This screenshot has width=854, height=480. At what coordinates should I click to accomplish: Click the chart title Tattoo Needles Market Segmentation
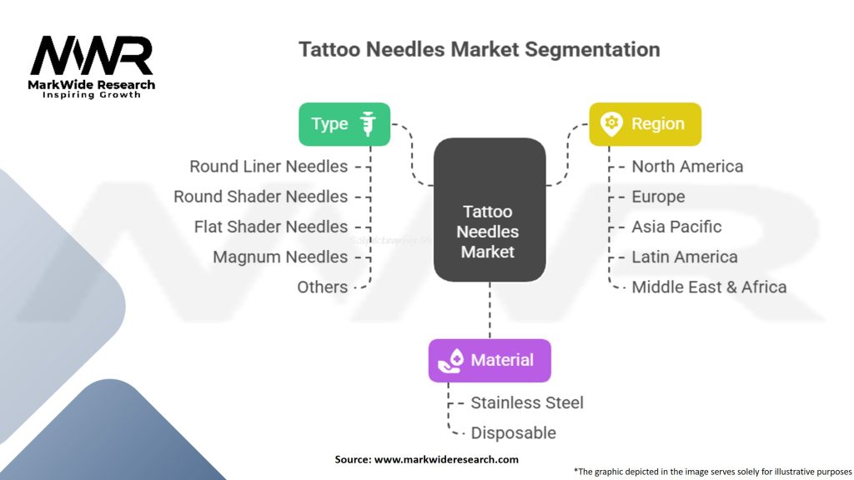coord(479,49)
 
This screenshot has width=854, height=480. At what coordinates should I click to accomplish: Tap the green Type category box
coord(344,124)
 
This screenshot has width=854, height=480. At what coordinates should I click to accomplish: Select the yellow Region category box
coord(645,124)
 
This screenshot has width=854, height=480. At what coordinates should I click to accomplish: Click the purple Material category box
coord(490,360)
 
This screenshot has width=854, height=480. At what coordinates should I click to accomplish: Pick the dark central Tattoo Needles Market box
coord(490,209)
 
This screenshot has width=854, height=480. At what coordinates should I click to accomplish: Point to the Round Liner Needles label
coord(269,167)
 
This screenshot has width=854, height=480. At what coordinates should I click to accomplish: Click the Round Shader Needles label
coord(260,197)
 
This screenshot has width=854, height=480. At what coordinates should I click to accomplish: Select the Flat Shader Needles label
coord(270,227)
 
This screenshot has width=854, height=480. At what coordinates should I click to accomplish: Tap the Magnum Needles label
coord(280,257)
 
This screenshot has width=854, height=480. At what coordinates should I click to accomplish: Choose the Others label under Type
coord(322,287)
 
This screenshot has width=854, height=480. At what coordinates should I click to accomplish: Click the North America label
coord(687,167)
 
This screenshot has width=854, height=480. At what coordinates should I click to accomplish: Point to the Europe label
coord(658,197)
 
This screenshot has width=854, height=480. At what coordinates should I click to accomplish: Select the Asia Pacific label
coord(676,227)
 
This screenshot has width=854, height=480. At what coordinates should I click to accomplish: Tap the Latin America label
coord(684,257)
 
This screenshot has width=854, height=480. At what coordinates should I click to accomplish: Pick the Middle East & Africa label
coord(709,287)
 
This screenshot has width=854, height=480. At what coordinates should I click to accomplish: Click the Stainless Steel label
coord(527,402)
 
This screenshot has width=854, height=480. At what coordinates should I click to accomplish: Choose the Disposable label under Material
coord(513,432)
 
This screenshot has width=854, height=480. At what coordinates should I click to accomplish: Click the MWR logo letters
coord(92,57)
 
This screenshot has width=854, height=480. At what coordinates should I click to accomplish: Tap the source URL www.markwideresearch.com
coord(446,459)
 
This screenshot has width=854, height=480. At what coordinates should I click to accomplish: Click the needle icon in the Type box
coord(367,124)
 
